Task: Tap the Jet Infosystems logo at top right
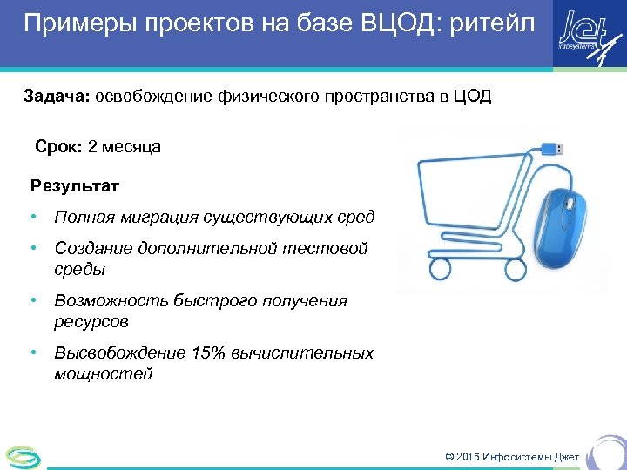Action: click(x=585, y=35)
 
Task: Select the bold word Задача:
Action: click(x=57, y=96)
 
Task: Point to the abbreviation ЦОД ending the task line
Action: click(x=472, y=96)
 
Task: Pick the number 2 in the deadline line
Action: click(x=92, y=146)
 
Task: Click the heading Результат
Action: click(x=75, y=185)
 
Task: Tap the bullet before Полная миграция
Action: click(x=31, y=216)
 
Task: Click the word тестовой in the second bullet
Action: click(x=326, y=249)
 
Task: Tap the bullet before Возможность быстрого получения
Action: click(x=31, y=301)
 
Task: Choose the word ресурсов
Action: click(x=91, y=322)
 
